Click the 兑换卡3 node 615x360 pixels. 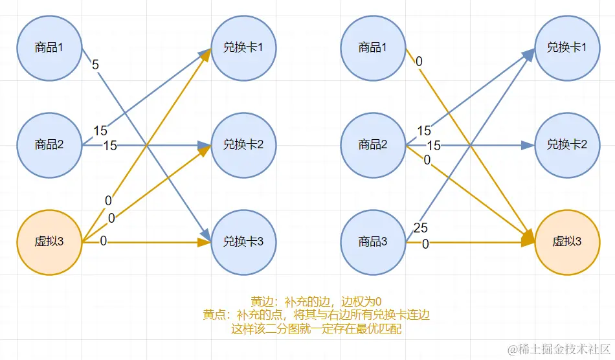point(243,242)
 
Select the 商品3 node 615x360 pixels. point(373,242)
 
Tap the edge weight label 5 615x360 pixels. point(96,65)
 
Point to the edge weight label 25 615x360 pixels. point(421,228)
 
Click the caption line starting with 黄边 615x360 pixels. point(317,301)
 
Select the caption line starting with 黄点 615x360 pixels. point(317,315)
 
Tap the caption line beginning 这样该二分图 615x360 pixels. point(317,328)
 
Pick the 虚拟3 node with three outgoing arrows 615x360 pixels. point(49,242)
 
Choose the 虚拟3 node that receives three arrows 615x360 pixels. point(567,242)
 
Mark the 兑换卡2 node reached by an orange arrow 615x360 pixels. point(243,144)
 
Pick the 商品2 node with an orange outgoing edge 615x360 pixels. point(373,144)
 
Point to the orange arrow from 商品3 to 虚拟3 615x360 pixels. point(479,242)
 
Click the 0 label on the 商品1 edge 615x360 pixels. point(419,62)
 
